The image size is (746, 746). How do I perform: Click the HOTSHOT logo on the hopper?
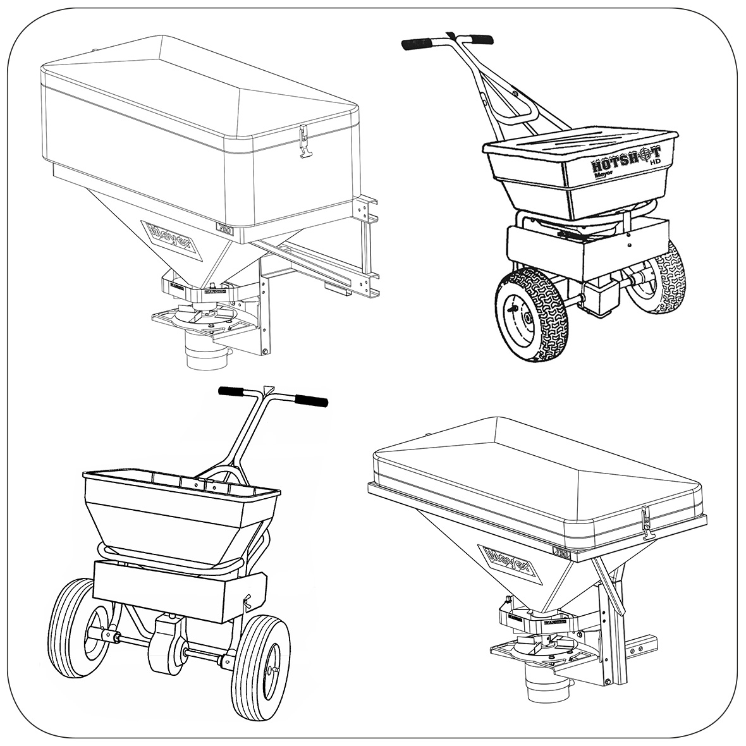(x=626, y=159)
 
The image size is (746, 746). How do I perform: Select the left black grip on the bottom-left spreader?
(x=233, y=392)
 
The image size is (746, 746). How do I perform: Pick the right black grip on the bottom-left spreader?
(x=311, y=401)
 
